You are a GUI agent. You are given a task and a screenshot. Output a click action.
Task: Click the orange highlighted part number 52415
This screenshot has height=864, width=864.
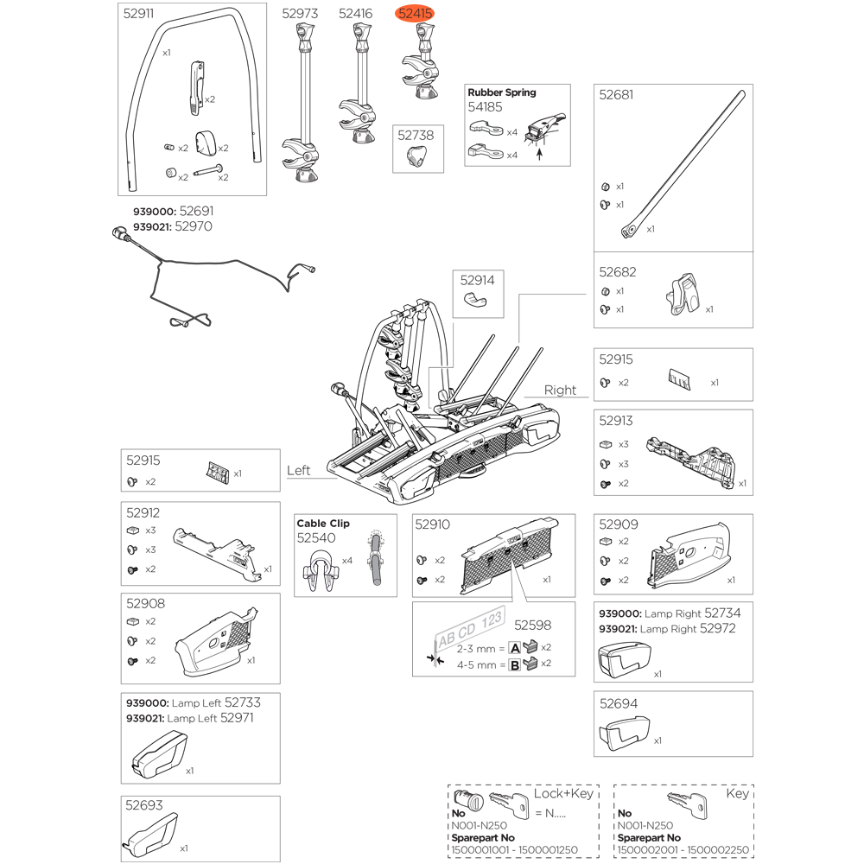coord(416,14)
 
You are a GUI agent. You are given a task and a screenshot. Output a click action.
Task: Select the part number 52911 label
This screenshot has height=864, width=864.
coord(140,14)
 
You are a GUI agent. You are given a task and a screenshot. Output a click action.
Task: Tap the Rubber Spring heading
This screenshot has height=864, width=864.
coord(501,92)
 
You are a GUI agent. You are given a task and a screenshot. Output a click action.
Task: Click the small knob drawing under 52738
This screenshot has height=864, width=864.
coord(416,157)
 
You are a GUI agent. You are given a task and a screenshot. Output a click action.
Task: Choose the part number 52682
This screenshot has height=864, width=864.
coord(617,271)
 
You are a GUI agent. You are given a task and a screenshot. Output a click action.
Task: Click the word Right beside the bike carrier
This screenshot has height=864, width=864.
coord(559,390)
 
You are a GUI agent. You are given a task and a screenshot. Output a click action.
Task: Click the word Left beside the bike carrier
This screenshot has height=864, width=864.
coord(298,470)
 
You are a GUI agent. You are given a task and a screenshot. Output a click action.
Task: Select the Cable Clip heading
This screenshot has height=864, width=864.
coord(323,524)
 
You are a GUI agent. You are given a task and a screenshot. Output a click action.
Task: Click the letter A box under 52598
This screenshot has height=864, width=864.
coord(514,647)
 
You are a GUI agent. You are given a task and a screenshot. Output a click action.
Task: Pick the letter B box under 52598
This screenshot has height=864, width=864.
coord(514,664)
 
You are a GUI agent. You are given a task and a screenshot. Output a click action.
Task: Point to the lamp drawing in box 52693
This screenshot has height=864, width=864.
coord(152,835)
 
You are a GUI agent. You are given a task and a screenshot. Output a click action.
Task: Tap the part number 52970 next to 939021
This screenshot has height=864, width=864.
coord(193,226)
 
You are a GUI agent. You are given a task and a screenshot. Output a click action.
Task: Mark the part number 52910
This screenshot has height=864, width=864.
coord(432,524)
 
